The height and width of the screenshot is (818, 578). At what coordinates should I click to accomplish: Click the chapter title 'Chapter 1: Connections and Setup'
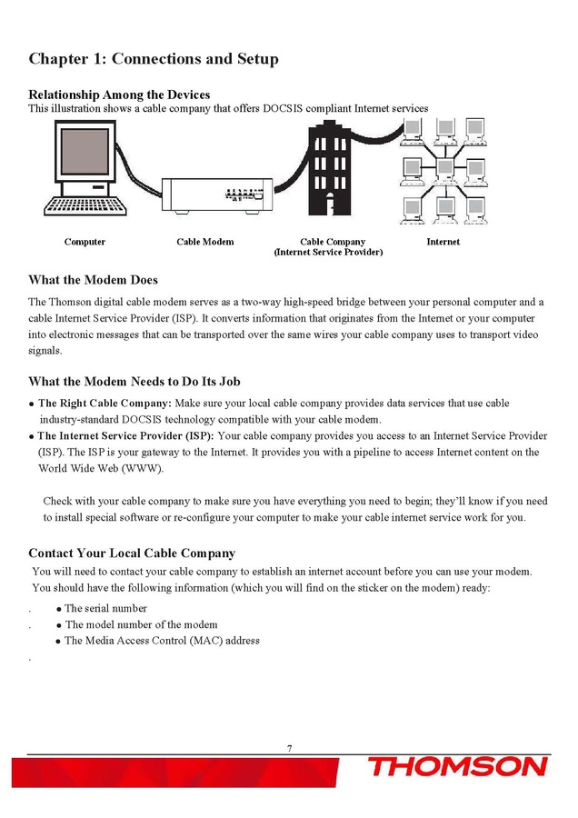[154, 59]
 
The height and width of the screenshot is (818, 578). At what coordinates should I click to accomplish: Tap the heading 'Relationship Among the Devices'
[119, 95]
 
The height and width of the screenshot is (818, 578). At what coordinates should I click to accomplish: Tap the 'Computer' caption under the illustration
[85, 242]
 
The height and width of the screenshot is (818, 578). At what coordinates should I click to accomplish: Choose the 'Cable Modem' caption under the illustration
[204, 242]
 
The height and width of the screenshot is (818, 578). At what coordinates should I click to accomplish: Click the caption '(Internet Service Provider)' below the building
[328, 252]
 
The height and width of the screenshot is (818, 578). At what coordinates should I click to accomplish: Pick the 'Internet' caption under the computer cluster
[443, 242]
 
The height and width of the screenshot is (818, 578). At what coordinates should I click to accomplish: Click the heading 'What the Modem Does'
[93, 279]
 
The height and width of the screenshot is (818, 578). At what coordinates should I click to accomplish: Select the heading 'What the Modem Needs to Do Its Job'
[134, 381]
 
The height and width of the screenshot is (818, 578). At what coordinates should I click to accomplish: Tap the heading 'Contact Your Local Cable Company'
[132, 553]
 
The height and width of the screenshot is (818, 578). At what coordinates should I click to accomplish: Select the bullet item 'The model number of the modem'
[141, 624]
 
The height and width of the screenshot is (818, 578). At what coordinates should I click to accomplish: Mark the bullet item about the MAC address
[162, 641]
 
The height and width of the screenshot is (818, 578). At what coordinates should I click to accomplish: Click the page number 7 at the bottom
[289, 748]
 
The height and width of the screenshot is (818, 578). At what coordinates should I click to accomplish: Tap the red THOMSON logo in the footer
[457, 768]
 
